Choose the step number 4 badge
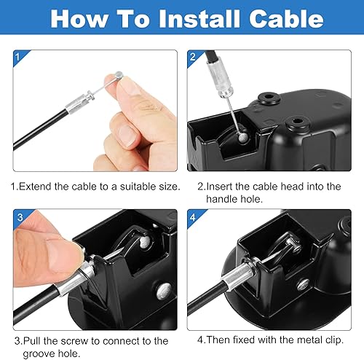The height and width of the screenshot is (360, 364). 193,216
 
